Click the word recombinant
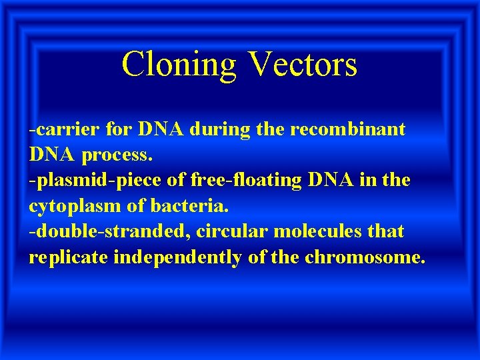[347, 129]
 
